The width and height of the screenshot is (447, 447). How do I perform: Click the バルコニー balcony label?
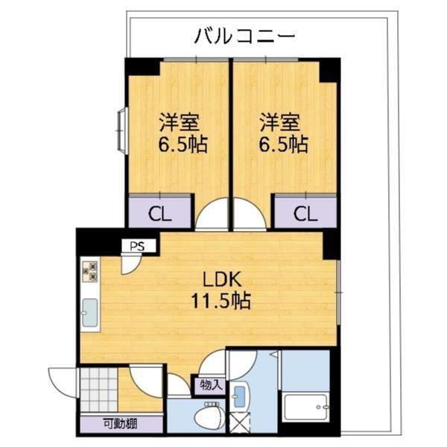pyautogui.click(x=245, y=34)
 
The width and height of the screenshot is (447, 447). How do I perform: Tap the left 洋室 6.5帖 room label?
pyautogui.click(x=182, y=133)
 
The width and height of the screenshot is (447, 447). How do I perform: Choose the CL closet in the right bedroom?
pyautogui.click(x=303, y=214)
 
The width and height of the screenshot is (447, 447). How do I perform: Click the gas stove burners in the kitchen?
pyautogui.click(x=90, y=273)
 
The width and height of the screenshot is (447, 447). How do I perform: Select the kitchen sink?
pyautogui.click(x=90, y=314)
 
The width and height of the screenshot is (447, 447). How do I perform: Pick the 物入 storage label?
pyautogui.click(x=211, y=384)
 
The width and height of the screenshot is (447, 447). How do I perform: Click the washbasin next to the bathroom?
pyautogui.click(x=241, y=395)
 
